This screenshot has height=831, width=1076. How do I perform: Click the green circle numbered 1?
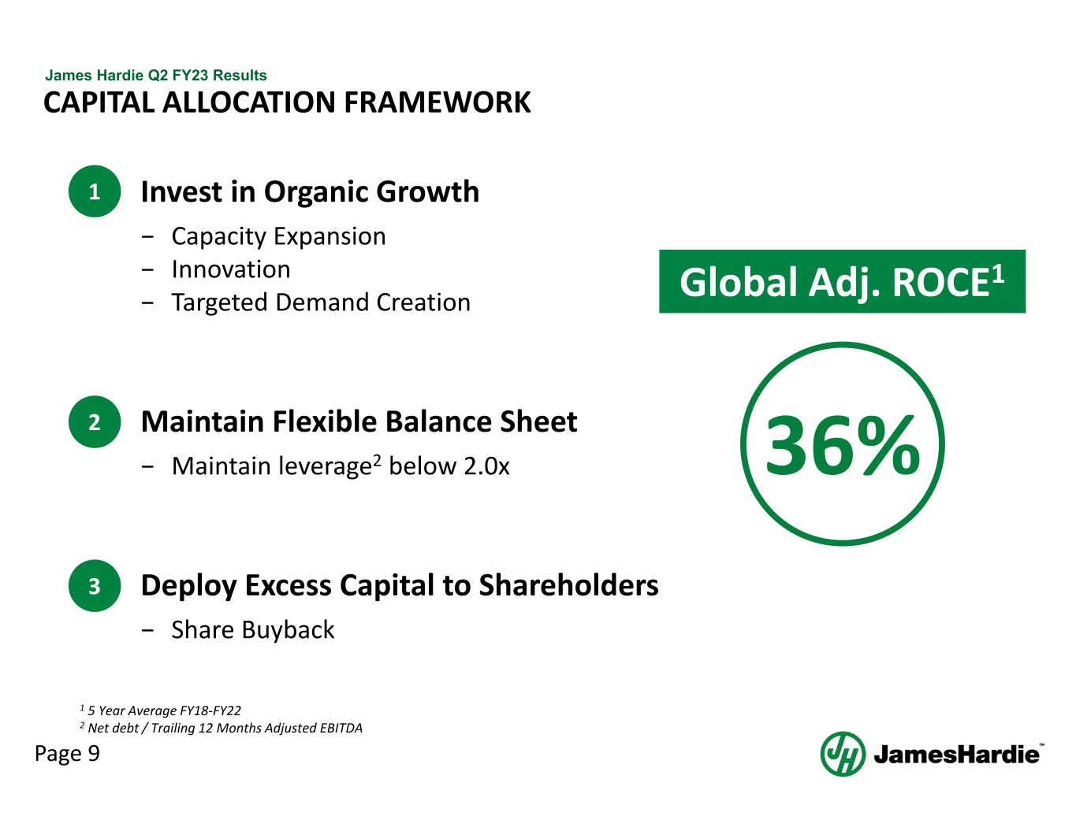point(95,191)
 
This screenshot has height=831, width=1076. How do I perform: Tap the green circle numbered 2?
point(95,422)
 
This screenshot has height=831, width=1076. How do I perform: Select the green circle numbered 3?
point(95,586)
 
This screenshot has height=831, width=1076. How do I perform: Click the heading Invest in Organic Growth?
point(309,191)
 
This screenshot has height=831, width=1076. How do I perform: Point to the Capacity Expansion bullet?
point(278,236)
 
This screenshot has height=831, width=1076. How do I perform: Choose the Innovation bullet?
point(231,269)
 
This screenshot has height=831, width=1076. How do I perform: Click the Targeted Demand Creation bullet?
point(321,302)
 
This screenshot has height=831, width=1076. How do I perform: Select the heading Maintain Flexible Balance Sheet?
point(359,422)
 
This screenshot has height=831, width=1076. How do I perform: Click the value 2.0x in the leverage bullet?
point(486,466)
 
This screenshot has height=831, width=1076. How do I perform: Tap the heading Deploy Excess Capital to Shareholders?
point(399,586)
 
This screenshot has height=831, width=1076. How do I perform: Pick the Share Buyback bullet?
point(253,630)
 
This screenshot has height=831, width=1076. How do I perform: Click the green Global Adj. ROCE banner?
point(842,282)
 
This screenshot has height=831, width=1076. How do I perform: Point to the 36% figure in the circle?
point(842,446)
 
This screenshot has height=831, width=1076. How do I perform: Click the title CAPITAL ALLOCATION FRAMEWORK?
point(287,103)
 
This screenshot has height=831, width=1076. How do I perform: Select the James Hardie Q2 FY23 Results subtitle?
point(156,76)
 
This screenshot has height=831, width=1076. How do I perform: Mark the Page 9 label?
point(67,754)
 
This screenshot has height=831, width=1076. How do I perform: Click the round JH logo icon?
point(843,754)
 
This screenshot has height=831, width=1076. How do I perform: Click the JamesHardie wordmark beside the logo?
point(956,755)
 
